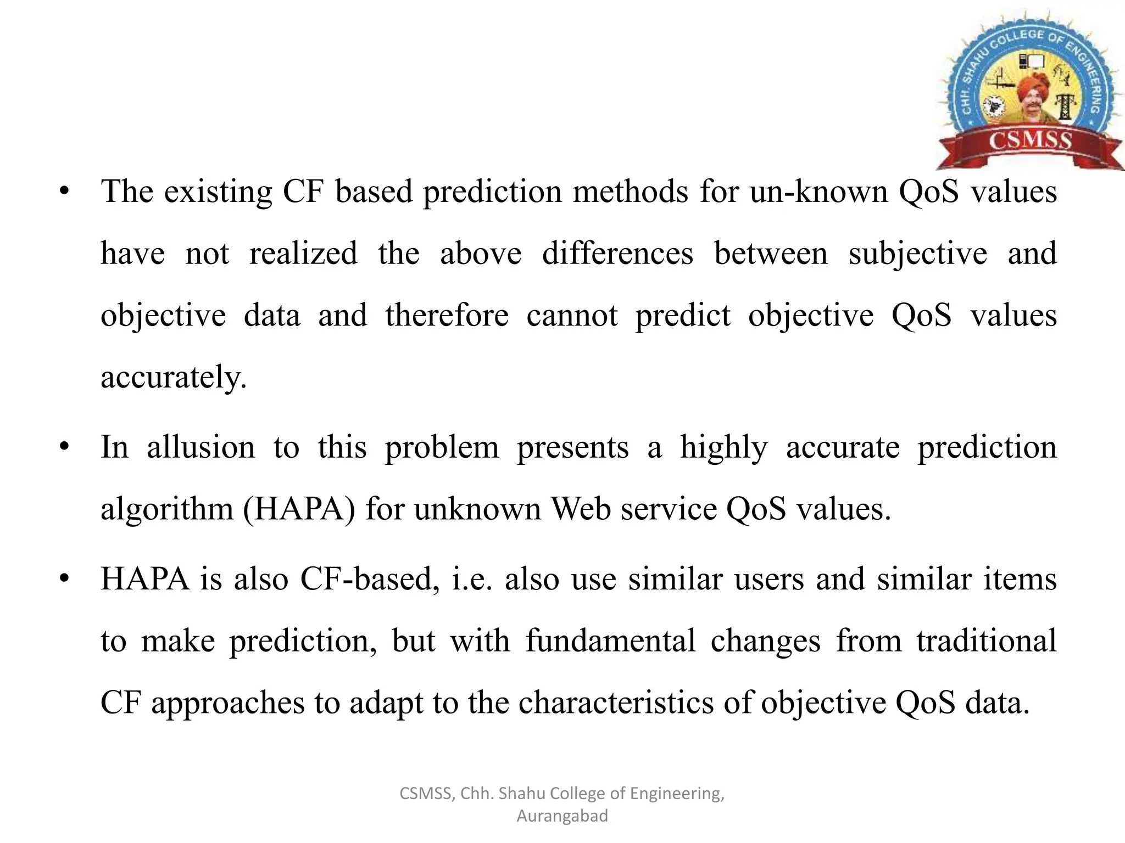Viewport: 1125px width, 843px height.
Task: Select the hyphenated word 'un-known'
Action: pyautogui.click(x=818, y=192)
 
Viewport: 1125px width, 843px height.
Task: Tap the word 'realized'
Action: pyautogui.click(x=303, y=254)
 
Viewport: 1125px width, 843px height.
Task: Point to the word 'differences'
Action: pyautogui.click(x=617, y=254)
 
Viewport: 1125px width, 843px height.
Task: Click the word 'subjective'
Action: pyautogui.click(x=917, y=254)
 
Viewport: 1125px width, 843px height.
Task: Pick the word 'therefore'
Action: pyautogui.click(x=447, y=316)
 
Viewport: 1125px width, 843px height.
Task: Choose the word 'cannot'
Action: pyautogui.click(x=572, y=316)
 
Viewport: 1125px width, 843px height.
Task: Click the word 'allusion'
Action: pyautogui.click(x=201, y=447)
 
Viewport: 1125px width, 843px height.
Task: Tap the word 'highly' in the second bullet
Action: pyautogui.click(x=723, y=448)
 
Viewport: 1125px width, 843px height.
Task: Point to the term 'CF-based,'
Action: pyautogui.click(x=370, y=579)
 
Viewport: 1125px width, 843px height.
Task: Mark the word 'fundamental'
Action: pyautogui.click(x=610, y=640)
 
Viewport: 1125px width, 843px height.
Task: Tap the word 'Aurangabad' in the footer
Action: pyautogui.click(x=562, y=816)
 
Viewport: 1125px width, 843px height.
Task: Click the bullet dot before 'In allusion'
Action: pyautogui.click(x=64, y=447)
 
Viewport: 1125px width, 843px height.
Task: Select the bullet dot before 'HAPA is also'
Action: pyautogui.click(x=64, y=578)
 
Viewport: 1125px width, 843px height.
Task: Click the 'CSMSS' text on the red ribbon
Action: pyautogui.click(x=1030, y=140)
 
